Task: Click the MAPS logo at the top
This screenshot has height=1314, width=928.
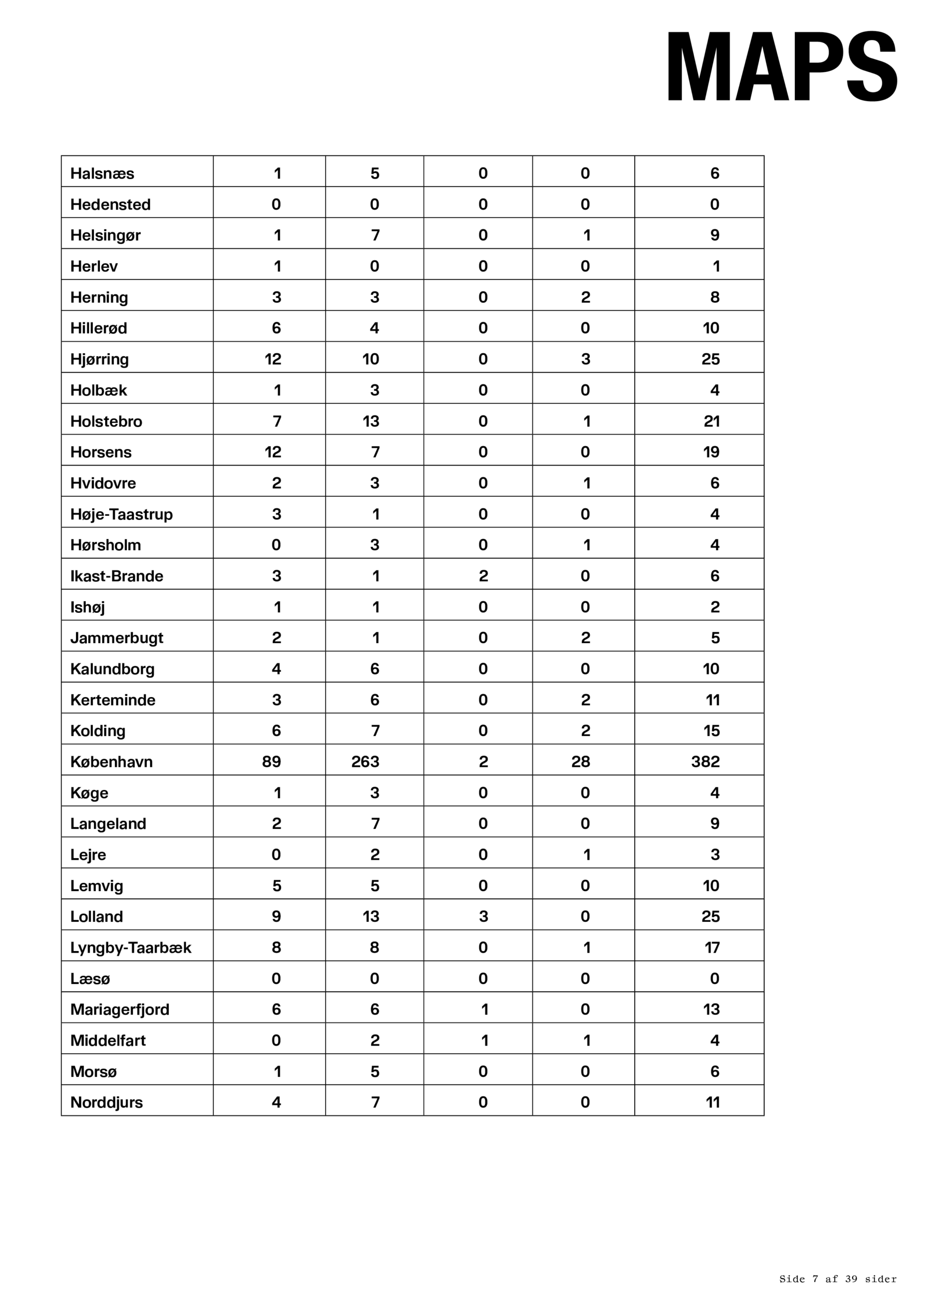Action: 782,66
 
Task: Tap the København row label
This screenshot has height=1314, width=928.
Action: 111,762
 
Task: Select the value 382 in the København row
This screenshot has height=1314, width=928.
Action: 705,762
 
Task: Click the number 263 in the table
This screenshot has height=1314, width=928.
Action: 366,762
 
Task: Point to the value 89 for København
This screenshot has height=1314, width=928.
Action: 272,762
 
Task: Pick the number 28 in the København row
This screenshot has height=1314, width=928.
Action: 580,762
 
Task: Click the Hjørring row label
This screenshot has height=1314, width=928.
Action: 99,359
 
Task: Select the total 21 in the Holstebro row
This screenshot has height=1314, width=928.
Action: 711,421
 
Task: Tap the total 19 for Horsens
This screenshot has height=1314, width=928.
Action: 711,452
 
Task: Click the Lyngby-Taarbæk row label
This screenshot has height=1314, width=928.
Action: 130,948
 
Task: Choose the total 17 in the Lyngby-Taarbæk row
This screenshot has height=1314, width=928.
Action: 712,948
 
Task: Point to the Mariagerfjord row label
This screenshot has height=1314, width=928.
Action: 119,1010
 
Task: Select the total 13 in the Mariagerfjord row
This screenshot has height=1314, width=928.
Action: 711,1010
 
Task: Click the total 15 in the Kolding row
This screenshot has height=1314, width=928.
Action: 711,731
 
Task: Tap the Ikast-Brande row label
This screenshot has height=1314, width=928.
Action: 117,576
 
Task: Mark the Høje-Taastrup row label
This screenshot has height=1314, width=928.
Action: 121,514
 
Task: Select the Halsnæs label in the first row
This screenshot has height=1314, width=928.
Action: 103,173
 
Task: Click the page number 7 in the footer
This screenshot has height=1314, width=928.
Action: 815,1279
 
